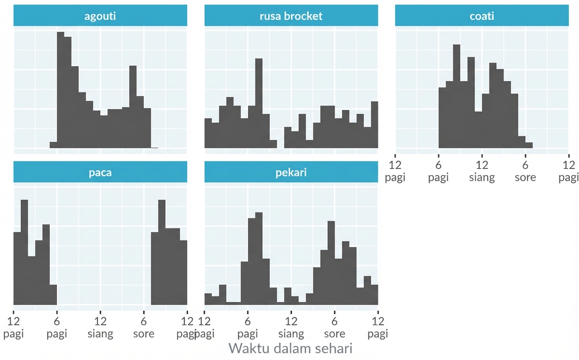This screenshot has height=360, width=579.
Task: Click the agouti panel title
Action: (100, 16)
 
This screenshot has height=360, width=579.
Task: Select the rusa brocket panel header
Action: (291, 16)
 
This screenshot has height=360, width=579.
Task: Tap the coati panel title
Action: (481, 16)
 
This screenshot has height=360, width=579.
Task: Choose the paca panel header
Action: (100, 172)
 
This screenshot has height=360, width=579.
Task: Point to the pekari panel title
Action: (291, 172)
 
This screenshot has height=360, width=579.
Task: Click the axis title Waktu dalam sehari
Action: (290, 348)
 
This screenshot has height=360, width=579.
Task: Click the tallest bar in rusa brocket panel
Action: (259, 104)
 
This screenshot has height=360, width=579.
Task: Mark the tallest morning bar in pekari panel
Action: (259, 259)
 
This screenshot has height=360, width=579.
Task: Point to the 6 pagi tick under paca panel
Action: (57, 327)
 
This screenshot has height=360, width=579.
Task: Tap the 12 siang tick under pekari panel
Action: (291, 327)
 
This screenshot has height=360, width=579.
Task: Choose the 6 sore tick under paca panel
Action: (143, 327)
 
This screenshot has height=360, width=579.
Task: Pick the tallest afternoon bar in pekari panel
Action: (331, 263)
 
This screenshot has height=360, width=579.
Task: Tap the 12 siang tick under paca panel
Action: (100, 327)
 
